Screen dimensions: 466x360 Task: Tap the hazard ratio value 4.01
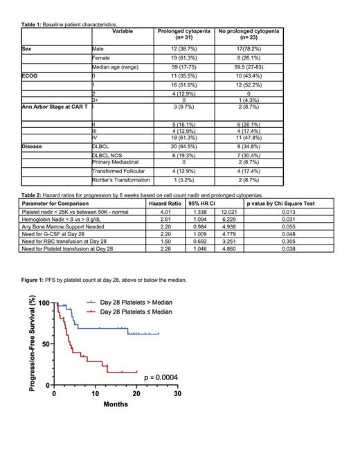click(x=163, y=213)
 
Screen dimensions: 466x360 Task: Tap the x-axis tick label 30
click(x=177, y=393)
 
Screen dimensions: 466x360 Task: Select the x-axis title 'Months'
click(x=116, y=404)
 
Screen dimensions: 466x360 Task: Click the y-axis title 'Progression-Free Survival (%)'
click(x=33, y=351)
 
